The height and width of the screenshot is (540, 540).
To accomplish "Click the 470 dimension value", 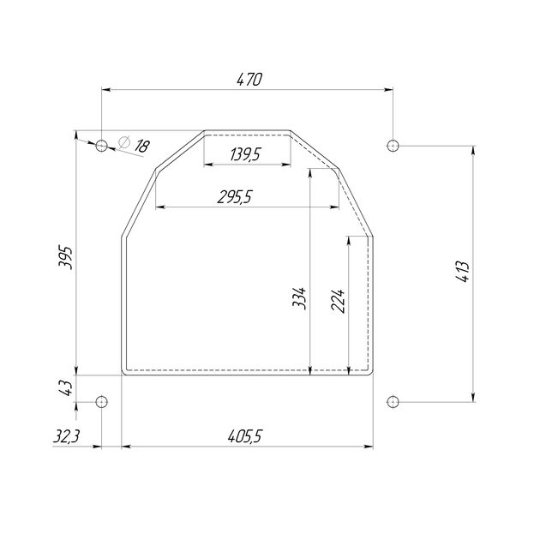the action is tap(249, 79).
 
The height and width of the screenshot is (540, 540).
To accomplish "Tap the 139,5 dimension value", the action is tap(245, 154).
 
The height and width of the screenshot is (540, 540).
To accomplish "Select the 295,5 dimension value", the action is tap(235, 197).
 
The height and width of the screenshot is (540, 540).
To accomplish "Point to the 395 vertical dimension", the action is tap(65, 258).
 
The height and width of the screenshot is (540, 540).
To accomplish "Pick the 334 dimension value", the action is tap(299, 298).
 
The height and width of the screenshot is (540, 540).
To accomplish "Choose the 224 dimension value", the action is tap(338, 300).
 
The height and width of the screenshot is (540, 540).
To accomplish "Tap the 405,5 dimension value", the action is tap(245, 436).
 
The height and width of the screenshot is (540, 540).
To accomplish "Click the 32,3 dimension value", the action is tap(67, 436).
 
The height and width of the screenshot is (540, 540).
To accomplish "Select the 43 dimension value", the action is tap(65, 388).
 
